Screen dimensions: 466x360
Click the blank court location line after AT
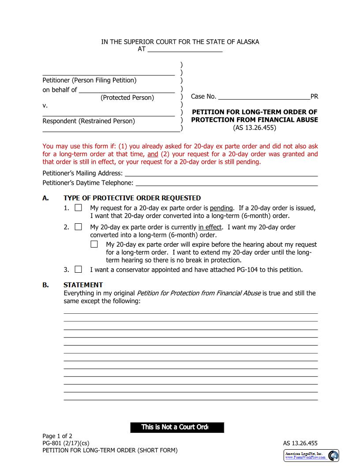coord(185,49)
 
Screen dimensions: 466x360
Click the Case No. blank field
coord(264,97)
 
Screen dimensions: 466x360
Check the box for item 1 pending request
coord(78,208)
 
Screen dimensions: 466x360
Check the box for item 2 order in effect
coord(78,227)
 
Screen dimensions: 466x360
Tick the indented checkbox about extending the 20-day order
coord(94,244)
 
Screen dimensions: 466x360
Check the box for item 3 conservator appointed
coord(78,269)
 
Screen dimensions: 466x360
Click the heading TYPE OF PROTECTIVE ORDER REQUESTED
coord(132,198)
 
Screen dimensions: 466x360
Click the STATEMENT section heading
coord(83,285)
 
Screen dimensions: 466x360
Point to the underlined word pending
coord(221,208)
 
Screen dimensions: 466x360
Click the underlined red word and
coord(152,154)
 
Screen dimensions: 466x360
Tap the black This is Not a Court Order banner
coord(177,427)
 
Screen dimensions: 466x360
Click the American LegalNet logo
coord(311,455)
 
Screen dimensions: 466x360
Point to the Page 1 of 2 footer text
coord(57,436)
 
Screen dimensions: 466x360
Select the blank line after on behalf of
coord(127,90)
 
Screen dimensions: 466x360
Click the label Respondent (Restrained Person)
coord(89,121)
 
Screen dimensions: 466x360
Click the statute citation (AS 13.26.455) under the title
coord(255,128)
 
